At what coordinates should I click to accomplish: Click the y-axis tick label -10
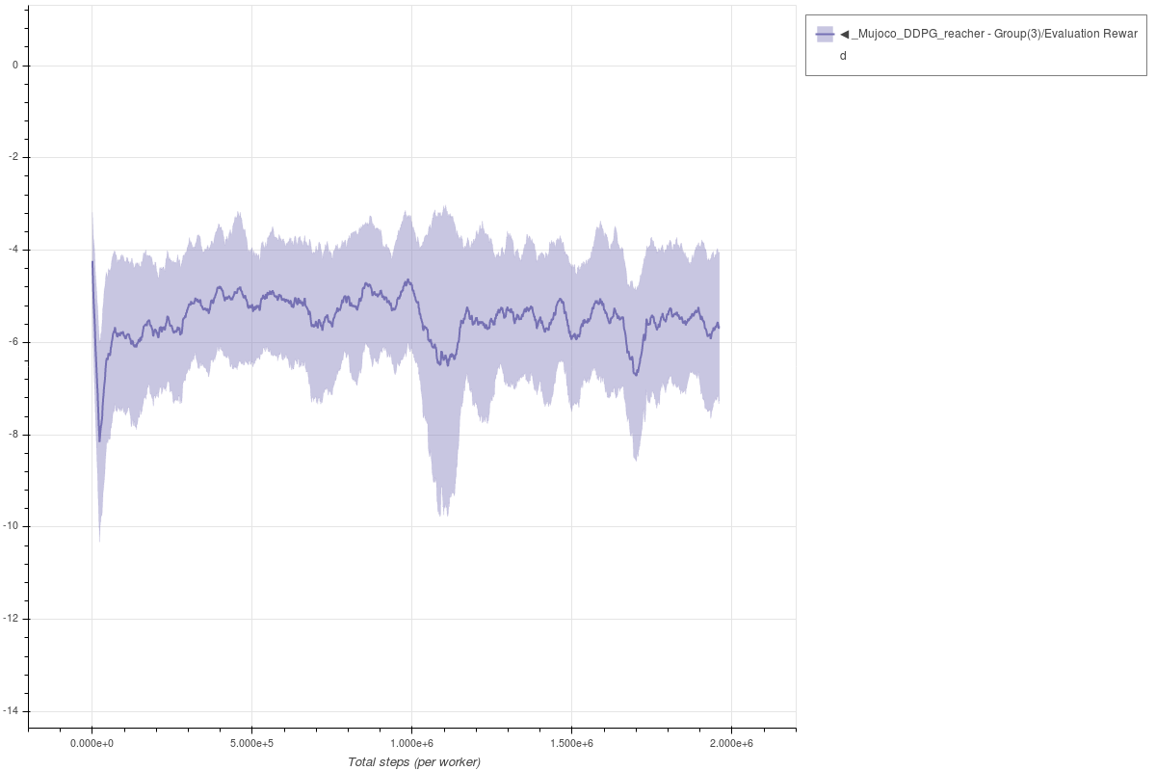coord(11,526)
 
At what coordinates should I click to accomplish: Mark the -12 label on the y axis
coord(11,619)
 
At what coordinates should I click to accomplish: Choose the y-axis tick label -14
coord(11,710)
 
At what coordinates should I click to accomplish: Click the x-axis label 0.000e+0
coord(92,743)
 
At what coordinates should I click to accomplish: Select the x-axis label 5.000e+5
coord(251,743)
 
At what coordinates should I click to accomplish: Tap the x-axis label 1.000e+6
coord(411,743)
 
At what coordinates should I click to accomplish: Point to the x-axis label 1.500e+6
coord(571,743)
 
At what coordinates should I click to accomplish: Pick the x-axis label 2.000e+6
coord(731,743)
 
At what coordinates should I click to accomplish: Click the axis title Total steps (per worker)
coord(413,762)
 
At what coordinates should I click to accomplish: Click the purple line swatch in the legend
coord(825,34)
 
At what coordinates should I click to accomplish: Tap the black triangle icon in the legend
coord(845,34)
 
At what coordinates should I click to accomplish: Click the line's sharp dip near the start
coord(99,440)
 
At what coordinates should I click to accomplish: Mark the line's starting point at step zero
coord(92,261)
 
